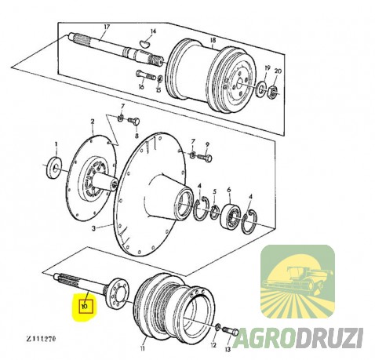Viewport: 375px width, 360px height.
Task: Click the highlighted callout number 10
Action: click(x=85, y=306)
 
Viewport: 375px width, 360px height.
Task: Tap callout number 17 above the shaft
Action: click(x=107, y=27)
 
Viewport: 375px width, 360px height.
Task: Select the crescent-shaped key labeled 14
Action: click(x=144, y=43)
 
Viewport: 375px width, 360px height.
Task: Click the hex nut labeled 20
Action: click(x=272, y=91)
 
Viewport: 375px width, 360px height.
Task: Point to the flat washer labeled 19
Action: click(x=260, y=88)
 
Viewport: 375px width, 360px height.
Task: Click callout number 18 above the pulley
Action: click(x=213, y=40)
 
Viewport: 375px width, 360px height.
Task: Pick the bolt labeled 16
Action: click(x=146, y=75)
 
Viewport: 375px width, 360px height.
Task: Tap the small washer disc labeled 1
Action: click(x=54, y=168)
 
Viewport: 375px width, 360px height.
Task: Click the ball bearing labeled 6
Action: click(x=231, y=215)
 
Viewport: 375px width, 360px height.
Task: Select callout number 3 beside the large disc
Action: click(x=93, y=228)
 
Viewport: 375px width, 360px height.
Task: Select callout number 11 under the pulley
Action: click(x=142, y=348)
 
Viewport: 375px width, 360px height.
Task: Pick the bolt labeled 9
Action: click(x=205, y=158)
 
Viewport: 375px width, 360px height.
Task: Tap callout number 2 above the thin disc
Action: click(x=93, y=122)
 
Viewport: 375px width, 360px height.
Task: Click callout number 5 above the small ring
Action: click(x=214, y=191)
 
